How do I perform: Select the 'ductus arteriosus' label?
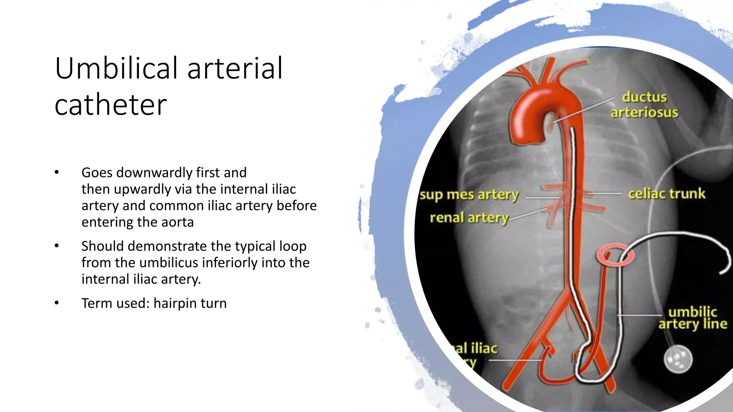pos(644,104)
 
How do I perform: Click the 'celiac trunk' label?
pos(666,193)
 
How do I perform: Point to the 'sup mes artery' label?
pos(469,195)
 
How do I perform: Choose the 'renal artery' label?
pos(469,217)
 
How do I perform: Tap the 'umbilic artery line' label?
pos(693,318)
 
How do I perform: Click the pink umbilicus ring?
pos(615,255)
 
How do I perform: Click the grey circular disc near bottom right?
pos(678,359)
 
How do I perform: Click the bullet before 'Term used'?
pos(57,303)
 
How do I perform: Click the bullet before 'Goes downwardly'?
pos(57,172)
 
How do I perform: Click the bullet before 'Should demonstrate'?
pos(57,246)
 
